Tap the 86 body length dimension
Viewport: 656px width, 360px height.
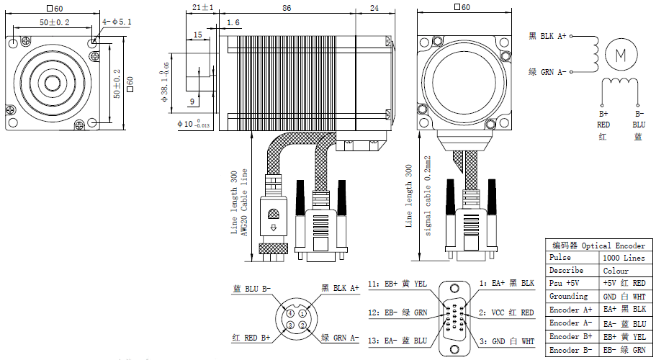pos(287,7)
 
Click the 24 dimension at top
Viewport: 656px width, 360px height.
pos(374,7)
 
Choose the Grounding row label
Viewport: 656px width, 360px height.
pos(569,296)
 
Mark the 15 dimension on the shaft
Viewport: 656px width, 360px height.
pos(197,35)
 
